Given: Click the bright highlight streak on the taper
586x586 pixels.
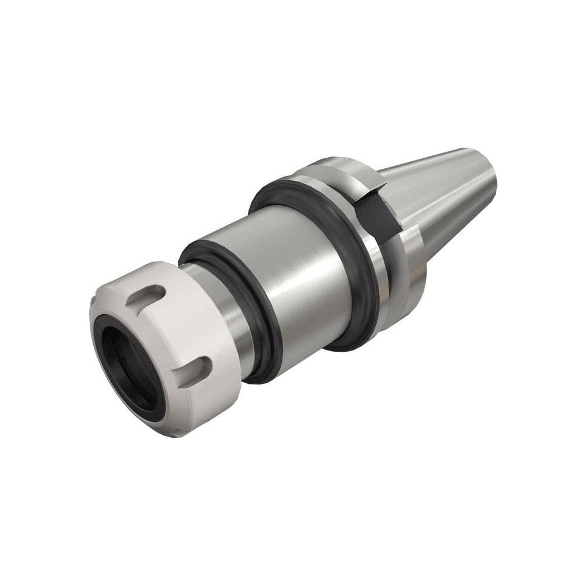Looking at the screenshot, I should click(x=434, y=176).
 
